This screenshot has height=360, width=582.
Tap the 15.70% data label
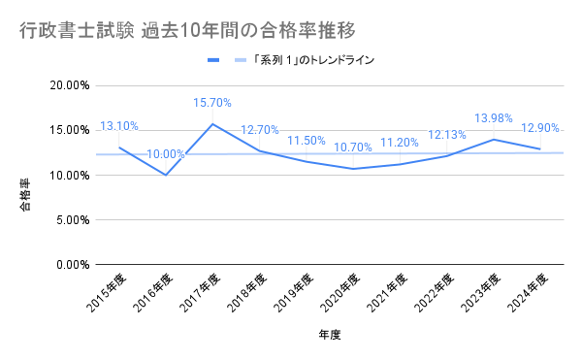pos(212,103)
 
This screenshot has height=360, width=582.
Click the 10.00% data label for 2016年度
pos(166,154)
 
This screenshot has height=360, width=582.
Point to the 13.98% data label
pos(494,118)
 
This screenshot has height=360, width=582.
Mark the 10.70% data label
pos(353,147)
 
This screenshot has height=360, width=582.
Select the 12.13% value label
pos(447,135)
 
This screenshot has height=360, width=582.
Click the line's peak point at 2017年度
pos(212,123)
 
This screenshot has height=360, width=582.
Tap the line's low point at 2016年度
pos(166,175)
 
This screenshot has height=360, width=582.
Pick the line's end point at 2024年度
pos(540,148)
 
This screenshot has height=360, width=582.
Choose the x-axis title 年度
pos(329,335)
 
